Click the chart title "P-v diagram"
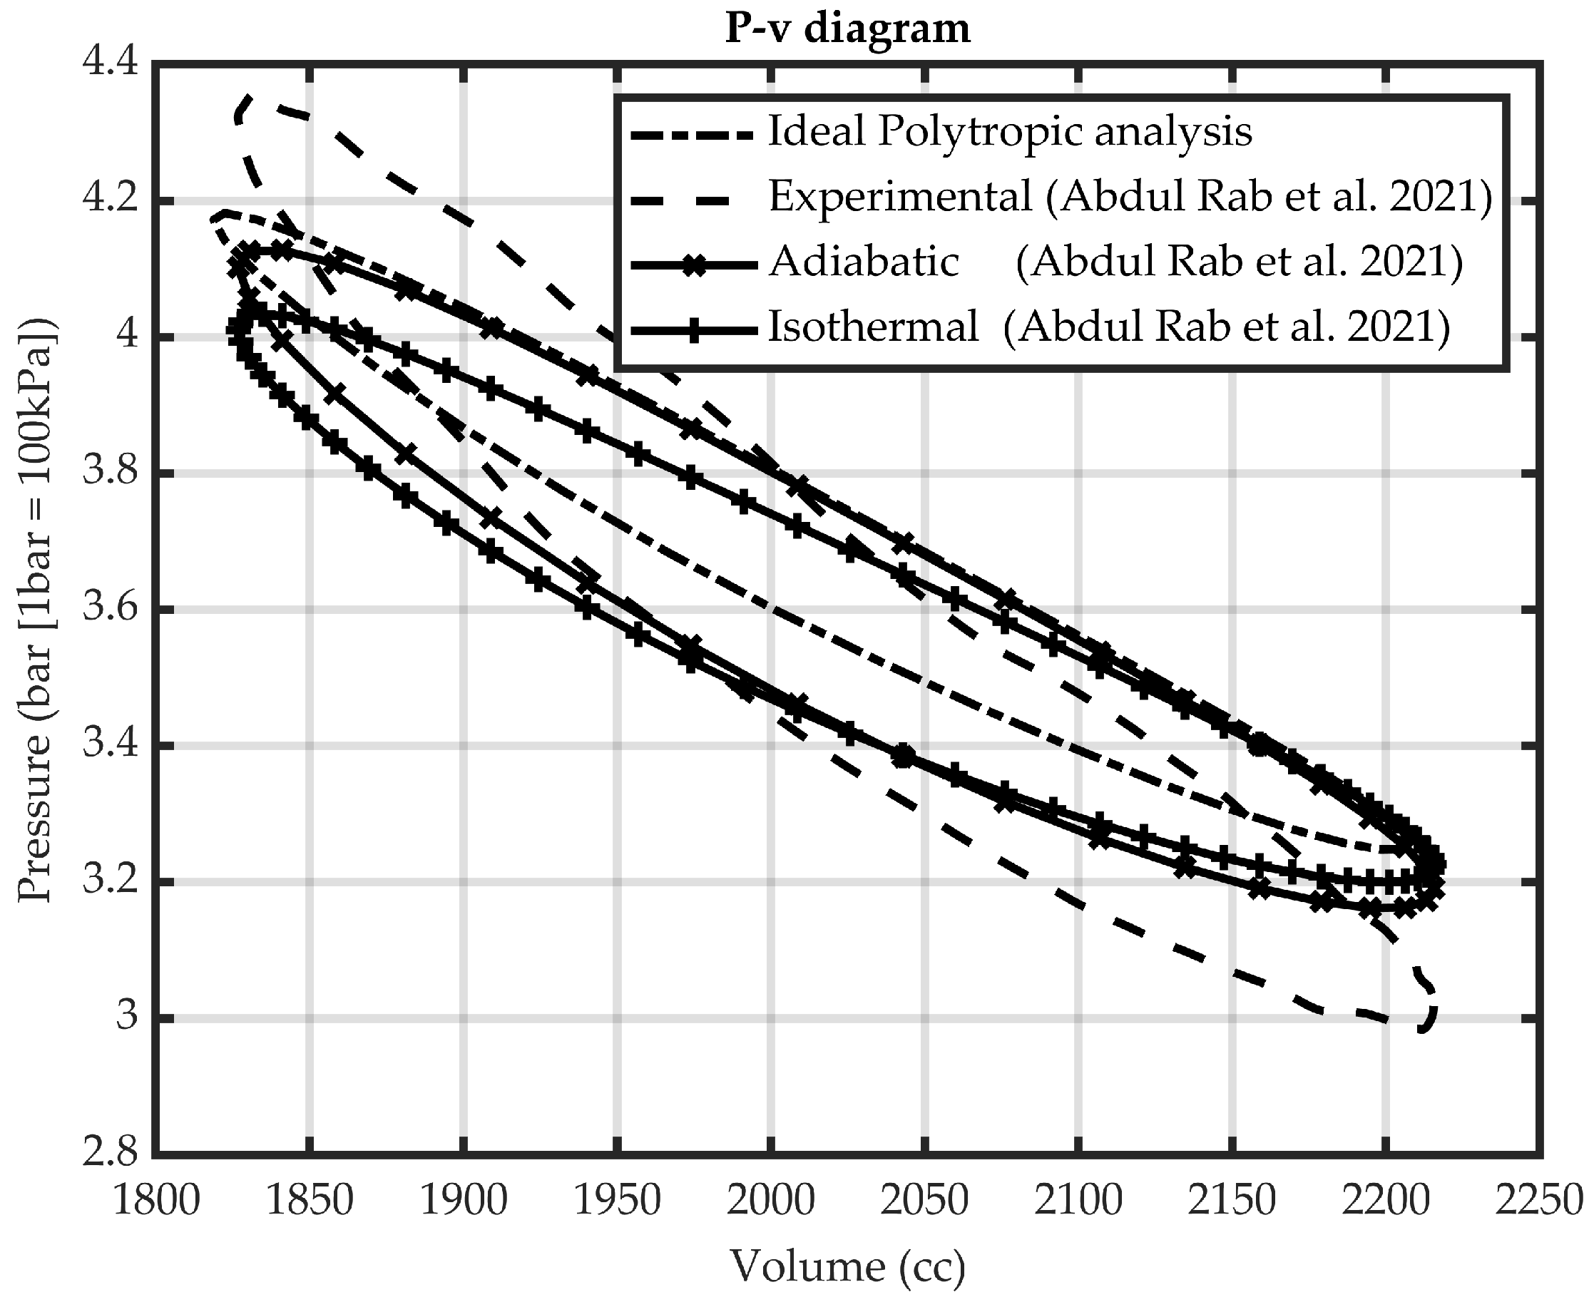click(x=847, y=29)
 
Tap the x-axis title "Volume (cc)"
click(x=847, y=1267)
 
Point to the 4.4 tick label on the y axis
click(x=111, y=63)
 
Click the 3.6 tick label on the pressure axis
click(x=111, y=609)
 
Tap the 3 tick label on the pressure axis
click(x=128, y=1017)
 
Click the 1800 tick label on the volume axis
click(x=156, y=1201)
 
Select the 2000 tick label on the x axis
click(x=772, y=1201)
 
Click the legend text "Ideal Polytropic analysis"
click(x=1010, y=132)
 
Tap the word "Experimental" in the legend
click(x=900, y=198)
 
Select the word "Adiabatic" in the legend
click(x=864, y=262)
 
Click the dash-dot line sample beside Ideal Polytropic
click(x=692, y=135)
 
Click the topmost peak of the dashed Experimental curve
click(x=248, y=98)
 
